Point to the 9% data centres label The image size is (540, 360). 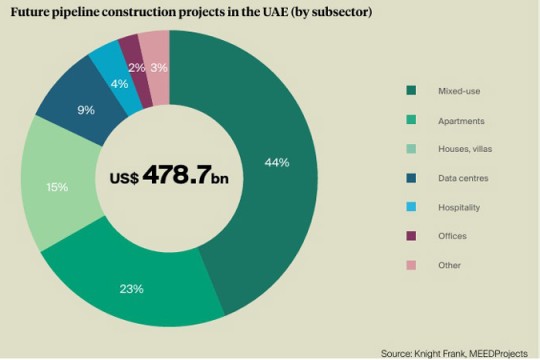[x=87, y=110]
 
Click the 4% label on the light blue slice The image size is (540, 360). [x=119, y=83]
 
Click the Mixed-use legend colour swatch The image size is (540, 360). [x=410, y=93]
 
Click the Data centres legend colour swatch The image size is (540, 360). [x=410, y=179]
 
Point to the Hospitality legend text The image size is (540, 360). [x=459, y=207]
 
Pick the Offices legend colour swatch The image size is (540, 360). [x=410, y=236]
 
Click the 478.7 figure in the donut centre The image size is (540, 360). [x=176, y=176]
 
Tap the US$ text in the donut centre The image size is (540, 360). [x=124, y=178]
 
